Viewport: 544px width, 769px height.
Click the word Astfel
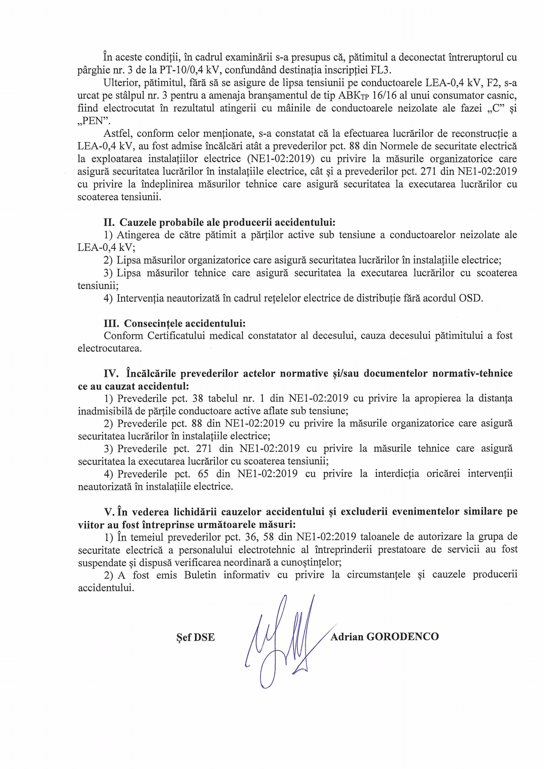117,134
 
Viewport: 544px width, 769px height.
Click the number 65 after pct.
203,474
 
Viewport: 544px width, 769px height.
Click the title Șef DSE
196,637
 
